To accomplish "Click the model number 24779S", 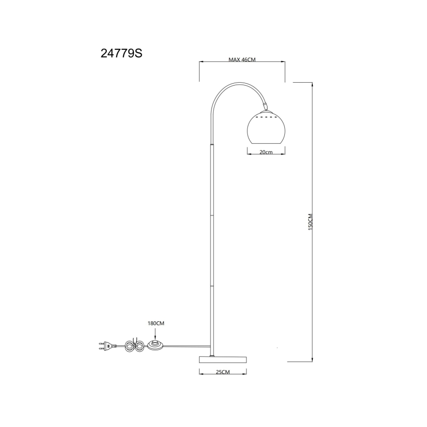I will pyautogui.click(x=121, y=53).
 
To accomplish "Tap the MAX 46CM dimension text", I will pyautogui.click(x=242, y=60).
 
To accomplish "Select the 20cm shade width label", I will pyautogui.click(x=266, y=152).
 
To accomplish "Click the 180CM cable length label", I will pyautogui.click(x=156, y=323).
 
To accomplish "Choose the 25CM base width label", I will pyautogui.click(x=222, y=372).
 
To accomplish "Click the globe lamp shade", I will pyautogui.click(x=266, y=129).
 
